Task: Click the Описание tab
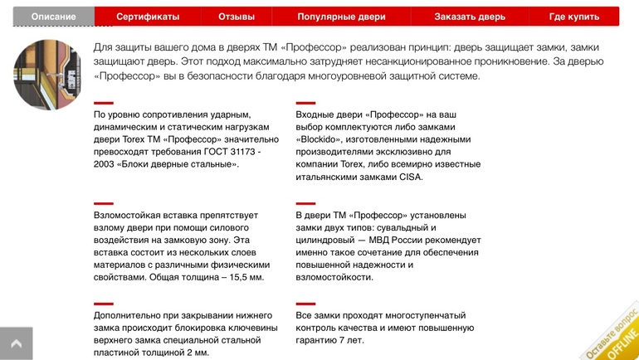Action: pyautogui.click(x=54, y=17)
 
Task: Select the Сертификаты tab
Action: pyautogui.click(x=148, y=17)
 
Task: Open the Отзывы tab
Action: pyautogui.click(x=237, y=17)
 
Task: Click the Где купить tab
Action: pyautogui.click(x=574, y=17)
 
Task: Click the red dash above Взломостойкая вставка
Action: pyautogui.click(x=103, y=203)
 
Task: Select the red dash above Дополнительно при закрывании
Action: pyautogui.click(x=103, y=304)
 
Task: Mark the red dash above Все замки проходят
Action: pyautogui.click(x=305, y=304)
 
